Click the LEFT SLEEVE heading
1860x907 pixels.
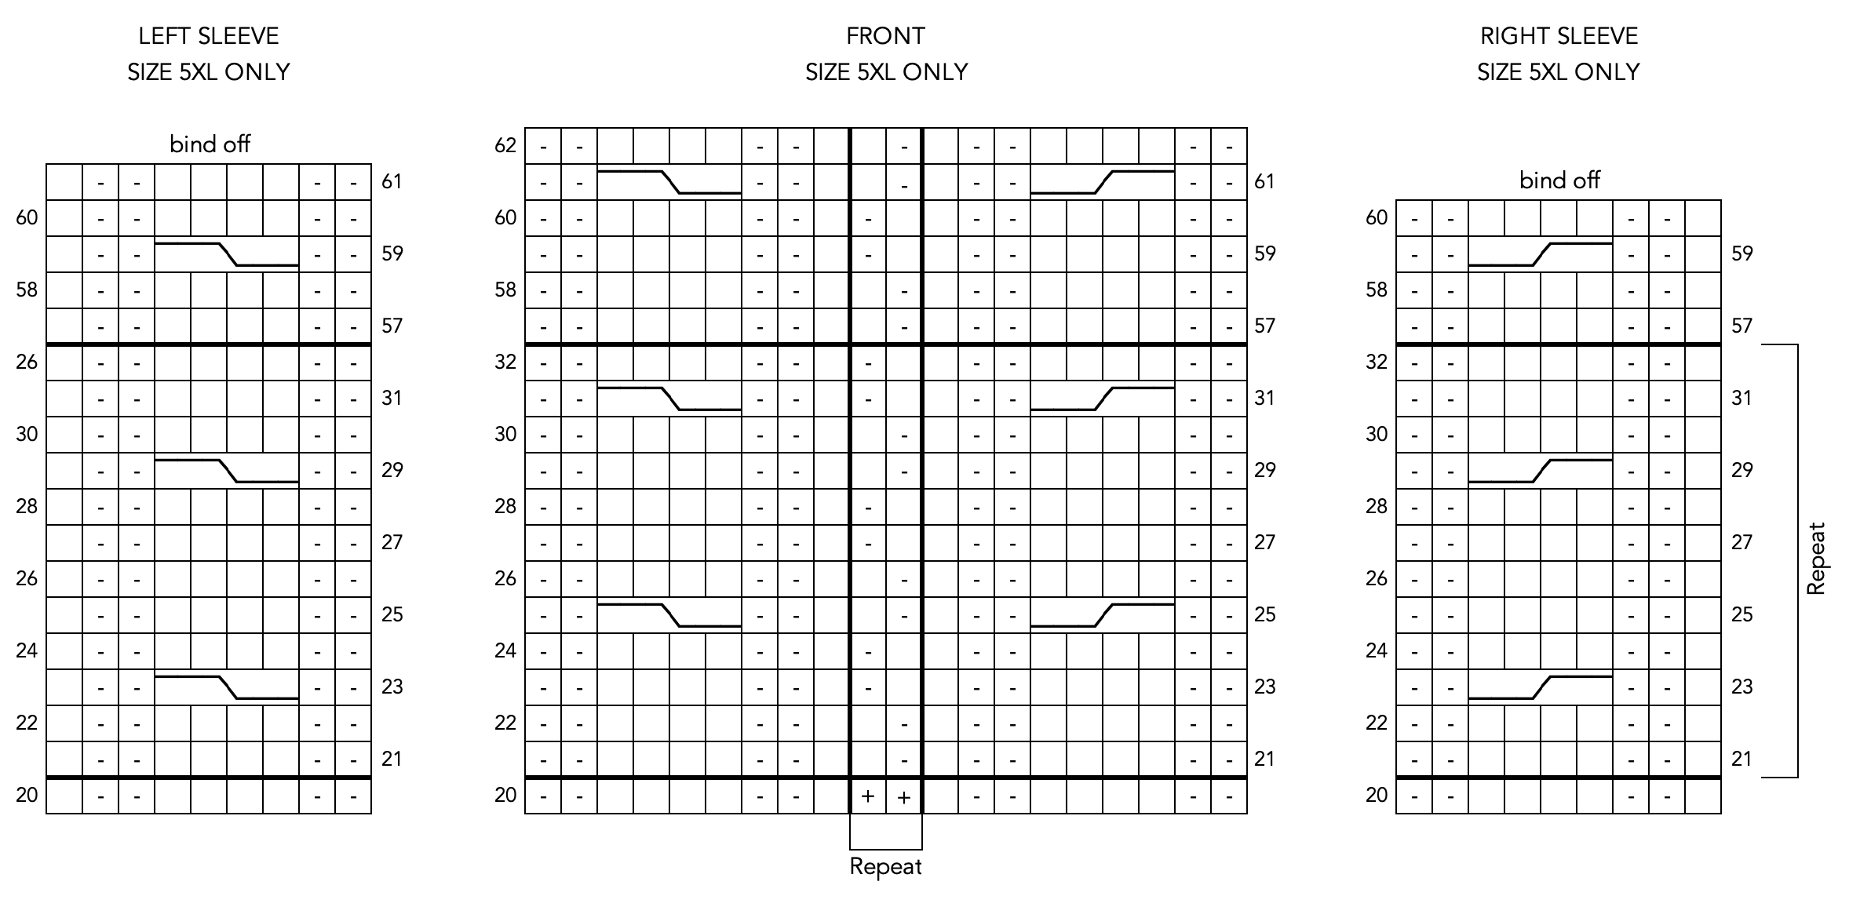click(x=208, y=36)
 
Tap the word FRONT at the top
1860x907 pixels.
click(x=885, y=36)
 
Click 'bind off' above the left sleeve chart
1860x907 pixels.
click(x=210, y=144)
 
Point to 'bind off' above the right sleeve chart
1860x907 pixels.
click(x=1559, y=180)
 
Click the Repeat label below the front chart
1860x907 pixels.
click(x=885, y=867)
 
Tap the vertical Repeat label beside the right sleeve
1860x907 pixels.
click(x=1816, y=559)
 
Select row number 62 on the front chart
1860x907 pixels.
click(x=505, y=145)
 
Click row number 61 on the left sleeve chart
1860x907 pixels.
click(x=392, y=182)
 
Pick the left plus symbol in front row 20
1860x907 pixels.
click(x=867, y=796)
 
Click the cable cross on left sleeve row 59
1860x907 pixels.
click(x=227, y=254)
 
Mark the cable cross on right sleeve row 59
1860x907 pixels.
click(x=1540, y=254)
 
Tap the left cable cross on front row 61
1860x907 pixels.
click(x=669, y=182)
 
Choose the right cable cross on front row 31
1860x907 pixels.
click(x=1102, y=399)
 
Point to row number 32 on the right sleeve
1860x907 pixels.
click(x=1377, y=362)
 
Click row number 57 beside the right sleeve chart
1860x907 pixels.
click(x=1741, y=326)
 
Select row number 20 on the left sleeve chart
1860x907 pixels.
click(x=27, y=796)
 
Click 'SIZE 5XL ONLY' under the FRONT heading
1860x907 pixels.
click(x=886, y=72)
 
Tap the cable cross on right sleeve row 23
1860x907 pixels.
click(x=1540, y=687)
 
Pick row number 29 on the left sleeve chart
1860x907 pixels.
click(x=392, y=470)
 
